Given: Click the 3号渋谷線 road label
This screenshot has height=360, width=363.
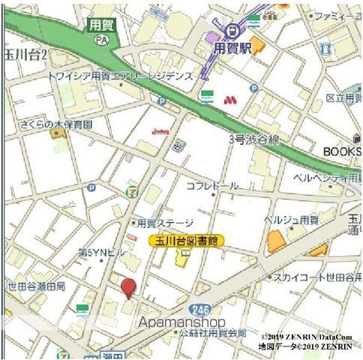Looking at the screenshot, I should coord(254,139).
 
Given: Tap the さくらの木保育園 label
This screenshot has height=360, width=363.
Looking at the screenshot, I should coord(56,124).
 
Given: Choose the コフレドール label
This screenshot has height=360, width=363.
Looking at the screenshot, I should coord(212,186).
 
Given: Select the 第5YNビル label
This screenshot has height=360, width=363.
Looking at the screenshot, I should coord(102,253).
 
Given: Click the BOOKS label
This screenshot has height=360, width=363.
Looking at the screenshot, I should coord(342,151).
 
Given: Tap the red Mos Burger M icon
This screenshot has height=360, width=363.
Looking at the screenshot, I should coord(229,98).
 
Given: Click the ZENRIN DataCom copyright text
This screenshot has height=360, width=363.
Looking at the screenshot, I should coord(307,337).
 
